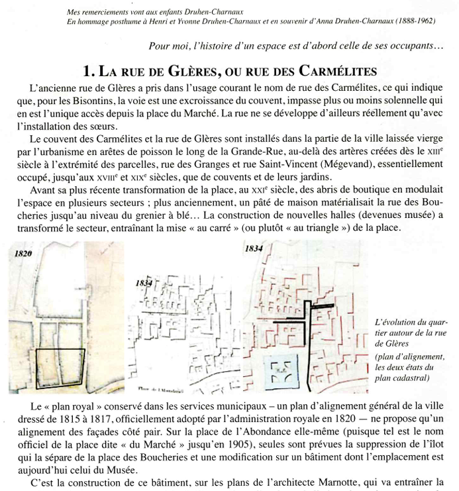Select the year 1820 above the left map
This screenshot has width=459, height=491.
click(x=22, y=254)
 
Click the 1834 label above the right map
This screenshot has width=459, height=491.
click(x=254, y=250)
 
